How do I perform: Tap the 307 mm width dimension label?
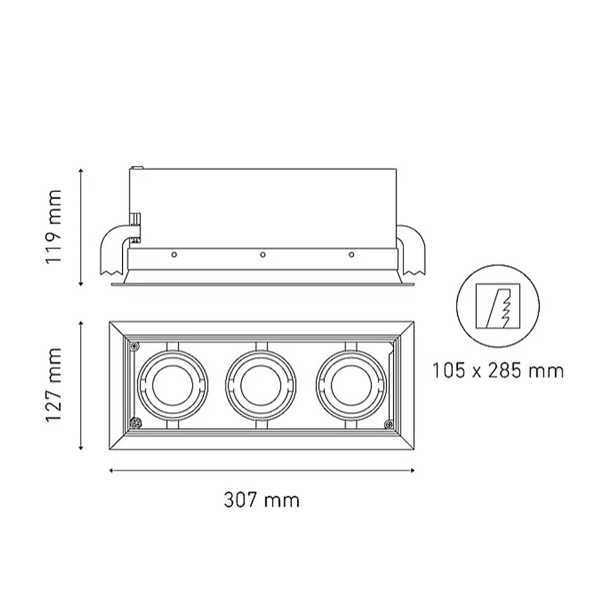point(262,499)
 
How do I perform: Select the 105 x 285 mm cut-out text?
point(498,371)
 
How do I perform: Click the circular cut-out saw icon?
point(498,307)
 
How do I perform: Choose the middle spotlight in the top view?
point(262,385)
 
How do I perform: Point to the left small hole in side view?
point(173,255)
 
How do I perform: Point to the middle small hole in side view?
point(262,255)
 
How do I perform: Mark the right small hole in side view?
point(351,255)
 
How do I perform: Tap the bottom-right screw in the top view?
point(388,425)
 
